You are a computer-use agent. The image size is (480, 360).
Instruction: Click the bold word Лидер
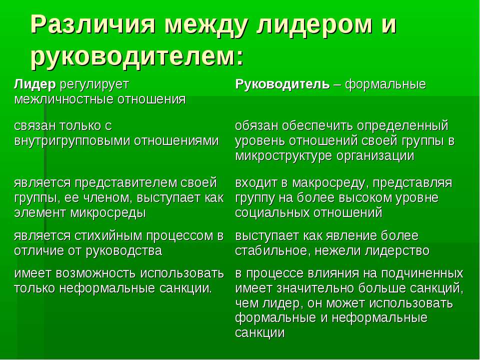tap(35, 84)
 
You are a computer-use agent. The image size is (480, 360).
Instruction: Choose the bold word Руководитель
tap(282, 84)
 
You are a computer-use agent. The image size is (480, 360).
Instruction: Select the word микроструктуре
tap(284, 156)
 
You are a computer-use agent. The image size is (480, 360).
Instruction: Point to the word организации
tap(375, 156)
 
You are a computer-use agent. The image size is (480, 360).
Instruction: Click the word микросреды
tap(108, 213)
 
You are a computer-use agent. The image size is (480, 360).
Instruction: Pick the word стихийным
tap(108, 236)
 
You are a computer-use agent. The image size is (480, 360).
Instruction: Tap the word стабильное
tap(273, 251)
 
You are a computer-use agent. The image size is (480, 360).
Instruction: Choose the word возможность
tap(96, 273)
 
